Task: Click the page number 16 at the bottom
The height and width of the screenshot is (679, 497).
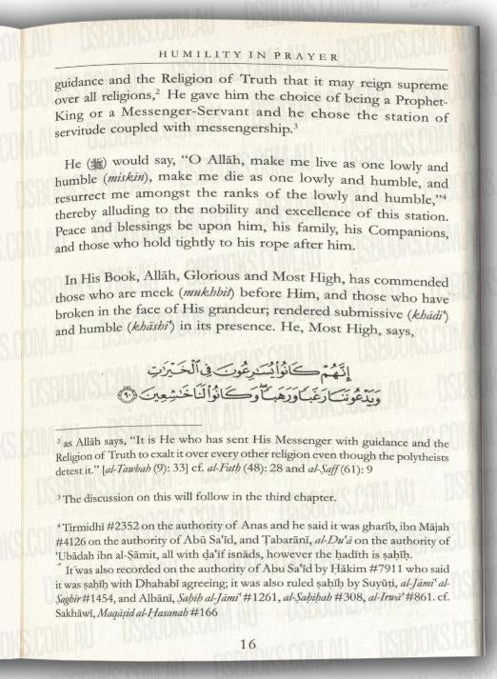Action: tap(248, 644)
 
